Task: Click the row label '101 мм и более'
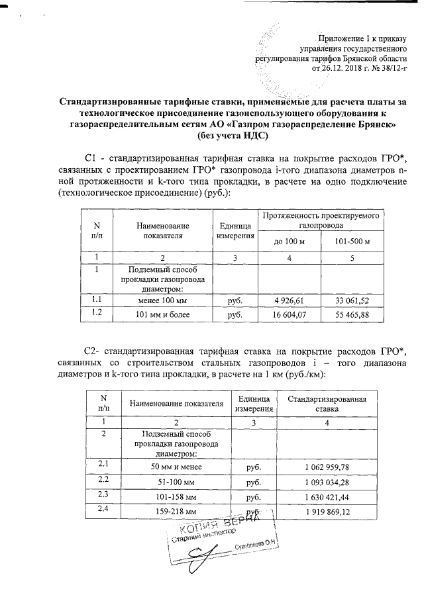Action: point(164,314)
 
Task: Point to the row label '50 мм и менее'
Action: point(176,467)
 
